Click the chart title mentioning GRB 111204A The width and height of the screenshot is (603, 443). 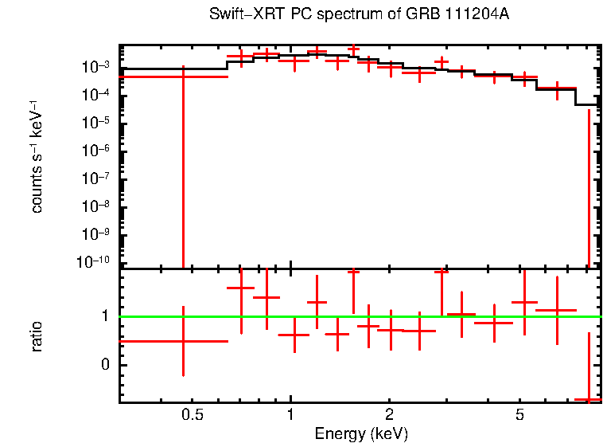coord(359,15)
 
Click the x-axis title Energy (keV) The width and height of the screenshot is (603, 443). coord(361,433)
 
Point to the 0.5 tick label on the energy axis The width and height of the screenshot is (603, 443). coord(192,415)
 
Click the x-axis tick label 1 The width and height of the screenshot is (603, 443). coord(291,415)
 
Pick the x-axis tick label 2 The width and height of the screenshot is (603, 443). coord(390,415)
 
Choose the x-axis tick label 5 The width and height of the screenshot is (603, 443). coord(519,415)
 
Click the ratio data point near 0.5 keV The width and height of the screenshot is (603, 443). coord(183,341)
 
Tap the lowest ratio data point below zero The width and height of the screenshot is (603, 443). coord(589,398)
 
